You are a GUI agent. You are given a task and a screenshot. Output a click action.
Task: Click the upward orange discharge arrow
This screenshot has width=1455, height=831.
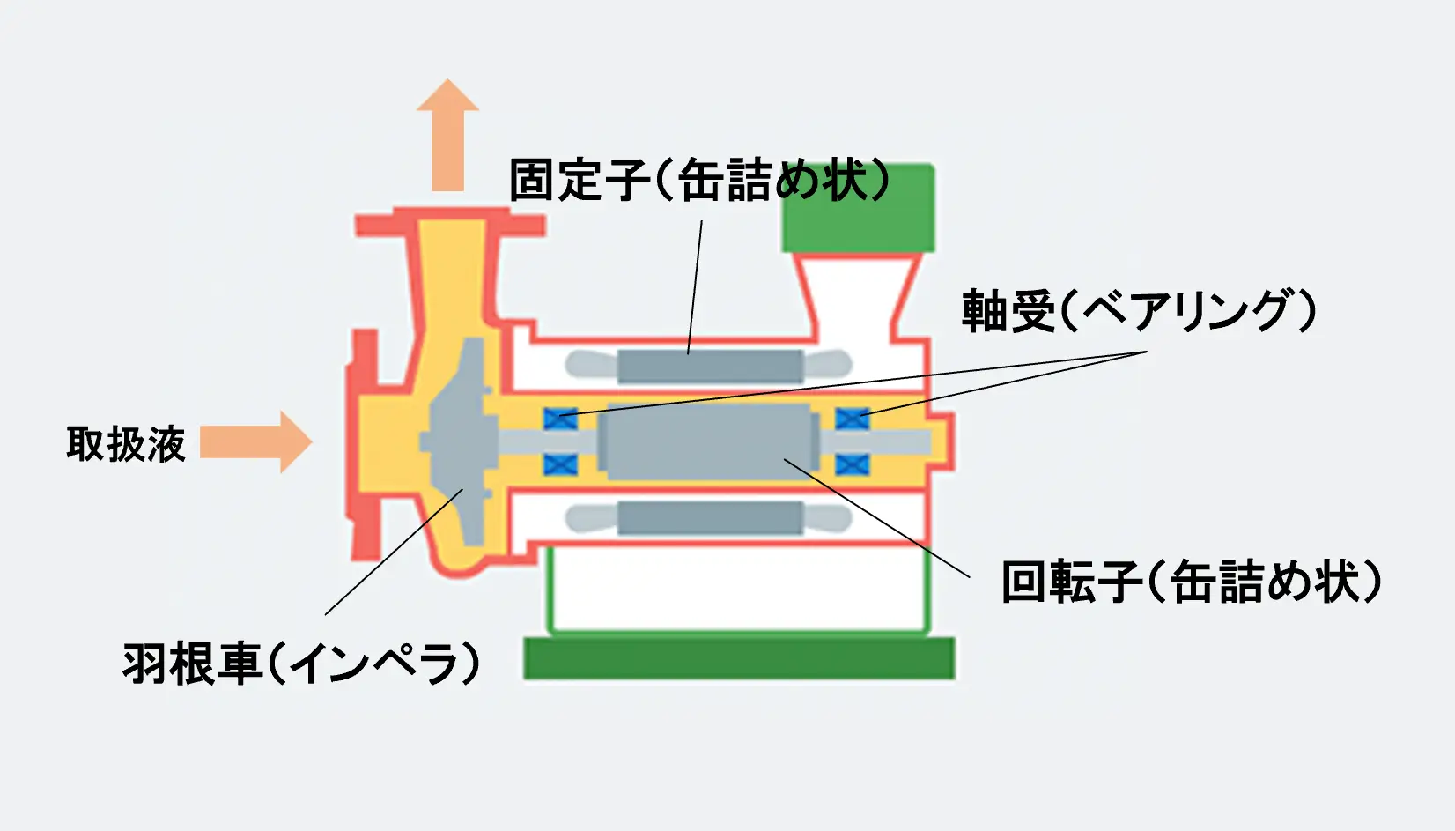[447, 135]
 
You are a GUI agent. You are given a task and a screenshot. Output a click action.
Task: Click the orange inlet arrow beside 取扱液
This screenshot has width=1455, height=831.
[256, 441]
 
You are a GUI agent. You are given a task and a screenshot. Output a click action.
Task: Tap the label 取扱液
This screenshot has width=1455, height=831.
[126, 444]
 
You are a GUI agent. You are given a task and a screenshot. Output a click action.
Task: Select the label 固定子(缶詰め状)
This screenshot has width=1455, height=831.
[699, 179]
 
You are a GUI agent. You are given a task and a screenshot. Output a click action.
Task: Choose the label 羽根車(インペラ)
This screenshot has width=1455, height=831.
[301, 663]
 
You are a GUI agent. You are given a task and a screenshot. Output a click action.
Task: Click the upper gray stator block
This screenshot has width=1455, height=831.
[710, 367]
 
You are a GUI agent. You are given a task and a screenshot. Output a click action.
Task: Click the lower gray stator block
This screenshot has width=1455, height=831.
[710, 518]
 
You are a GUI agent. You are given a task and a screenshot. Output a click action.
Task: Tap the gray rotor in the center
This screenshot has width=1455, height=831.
[708, 441]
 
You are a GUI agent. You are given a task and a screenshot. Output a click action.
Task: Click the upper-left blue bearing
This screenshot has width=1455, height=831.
[560, 419]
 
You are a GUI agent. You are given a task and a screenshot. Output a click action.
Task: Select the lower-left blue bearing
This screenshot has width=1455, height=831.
[560, 464]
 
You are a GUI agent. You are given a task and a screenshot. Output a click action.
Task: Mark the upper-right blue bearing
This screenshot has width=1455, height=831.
[853, 419]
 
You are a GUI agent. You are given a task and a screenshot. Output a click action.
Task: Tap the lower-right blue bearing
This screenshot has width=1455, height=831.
[853, 464]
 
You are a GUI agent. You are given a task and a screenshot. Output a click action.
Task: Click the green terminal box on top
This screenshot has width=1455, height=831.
[858, 208]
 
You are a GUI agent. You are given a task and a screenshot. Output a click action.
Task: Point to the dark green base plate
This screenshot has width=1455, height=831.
[739, 659]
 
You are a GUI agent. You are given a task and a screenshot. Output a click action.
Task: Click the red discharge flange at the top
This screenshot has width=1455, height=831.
[450, 223]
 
